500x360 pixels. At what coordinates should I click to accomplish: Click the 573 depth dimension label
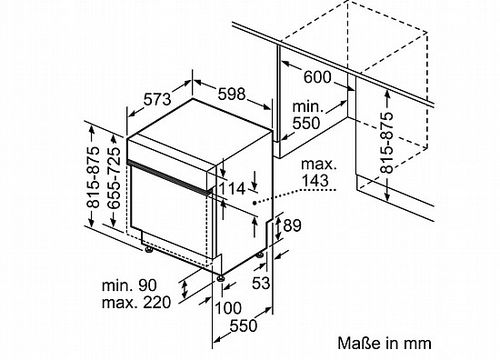tap(157, 99)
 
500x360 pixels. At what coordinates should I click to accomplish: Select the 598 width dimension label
tap(232, 94)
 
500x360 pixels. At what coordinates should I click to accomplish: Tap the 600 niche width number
tap(318, 77)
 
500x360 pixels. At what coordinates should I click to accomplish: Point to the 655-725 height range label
tap(114, 178)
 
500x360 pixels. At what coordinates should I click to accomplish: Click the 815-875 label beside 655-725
tap(93, 177)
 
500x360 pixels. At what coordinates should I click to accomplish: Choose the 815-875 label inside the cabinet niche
tap(387, 143)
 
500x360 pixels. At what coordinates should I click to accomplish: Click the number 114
tap(232, 189)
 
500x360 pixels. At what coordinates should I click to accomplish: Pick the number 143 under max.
tap(315, 180)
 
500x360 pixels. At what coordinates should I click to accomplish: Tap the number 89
tap(292, 226)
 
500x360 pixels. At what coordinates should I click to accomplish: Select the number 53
tap(261, 283)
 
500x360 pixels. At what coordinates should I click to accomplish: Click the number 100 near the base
tap(228, 308)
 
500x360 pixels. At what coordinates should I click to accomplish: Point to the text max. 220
tap(136, 302)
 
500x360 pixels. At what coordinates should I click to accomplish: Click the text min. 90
tap(129, 285)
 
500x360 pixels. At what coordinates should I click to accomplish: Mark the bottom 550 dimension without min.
tap(244, 325)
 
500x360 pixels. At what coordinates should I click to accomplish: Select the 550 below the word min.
tap(306, 123)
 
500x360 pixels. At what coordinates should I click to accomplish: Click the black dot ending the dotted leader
tap(254, 202)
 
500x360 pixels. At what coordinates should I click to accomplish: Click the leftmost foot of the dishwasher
tap(148, 250)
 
